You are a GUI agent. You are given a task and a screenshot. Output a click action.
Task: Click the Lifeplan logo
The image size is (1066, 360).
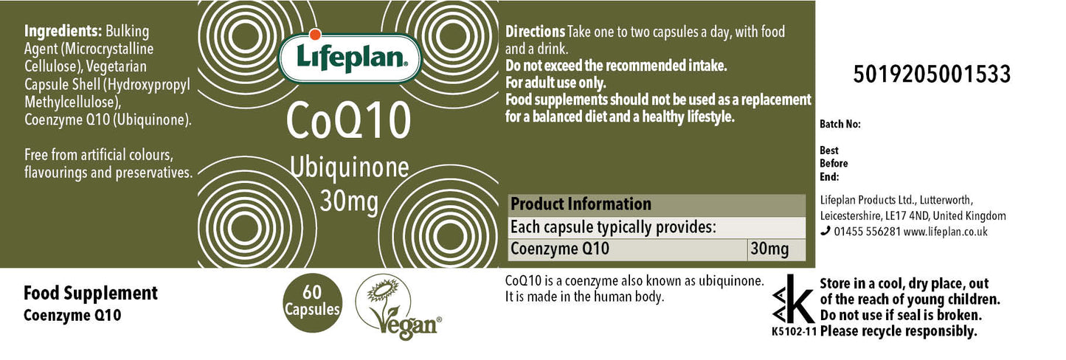pyautogui.click(x=349, y=57)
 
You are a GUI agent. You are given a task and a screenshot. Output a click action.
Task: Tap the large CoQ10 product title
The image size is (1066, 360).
pyautogui.click(x=348, y=120)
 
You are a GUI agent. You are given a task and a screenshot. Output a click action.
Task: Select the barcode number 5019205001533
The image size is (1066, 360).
pyautogui.click(x=931, y=75)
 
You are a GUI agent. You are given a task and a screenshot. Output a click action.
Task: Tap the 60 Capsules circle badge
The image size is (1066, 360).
pyautogui.click(x=312, y=302)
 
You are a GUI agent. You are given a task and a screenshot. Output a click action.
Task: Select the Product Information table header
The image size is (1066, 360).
pyautogui.click(x=581, y=204)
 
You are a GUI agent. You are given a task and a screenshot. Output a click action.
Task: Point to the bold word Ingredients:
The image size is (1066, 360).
pyautogui.click(x=63, y=32)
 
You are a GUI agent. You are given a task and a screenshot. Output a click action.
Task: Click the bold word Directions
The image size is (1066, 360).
pyautogui.click(x=535, y=32)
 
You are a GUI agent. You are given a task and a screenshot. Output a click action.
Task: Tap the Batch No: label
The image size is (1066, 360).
pyautogui.click(x=840, y=124)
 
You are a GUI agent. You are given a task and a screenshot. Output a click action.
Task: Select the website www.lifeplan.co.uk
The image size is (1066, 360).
pyautogui.click(x=945, y=232)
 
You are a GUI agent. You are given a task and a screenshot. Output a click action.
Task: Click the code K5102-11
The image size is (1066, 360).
pyautogui.click(x=794, y=331)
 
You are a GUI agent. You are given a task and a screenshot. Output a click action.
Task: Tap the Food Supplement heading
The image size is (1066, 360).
pyautogui.click(x=91, y=293)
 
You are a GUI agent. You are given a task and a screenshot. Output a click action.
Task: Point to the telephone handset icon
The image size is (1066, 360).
pyautogui.click(x=826, y=232)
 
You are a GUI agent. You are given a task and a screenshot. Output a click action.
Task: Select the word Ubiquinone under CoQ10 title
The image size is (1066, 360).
pyautogui.click(x=349, y=167)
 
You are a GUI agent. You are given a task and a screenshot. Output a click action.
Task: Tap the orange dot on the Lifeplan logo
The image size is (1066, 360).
pyautogui.click(x=314, y=34)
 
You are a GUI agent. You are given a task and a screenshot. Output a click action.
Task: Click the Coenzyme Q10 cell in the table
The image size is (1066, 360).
pyautogui.click(x=560, y=249)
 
